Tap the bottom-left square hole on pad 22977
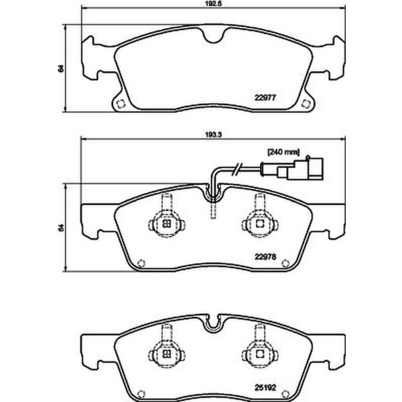pos(119,104)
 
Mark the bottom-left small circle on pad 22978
pos(139,263)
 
